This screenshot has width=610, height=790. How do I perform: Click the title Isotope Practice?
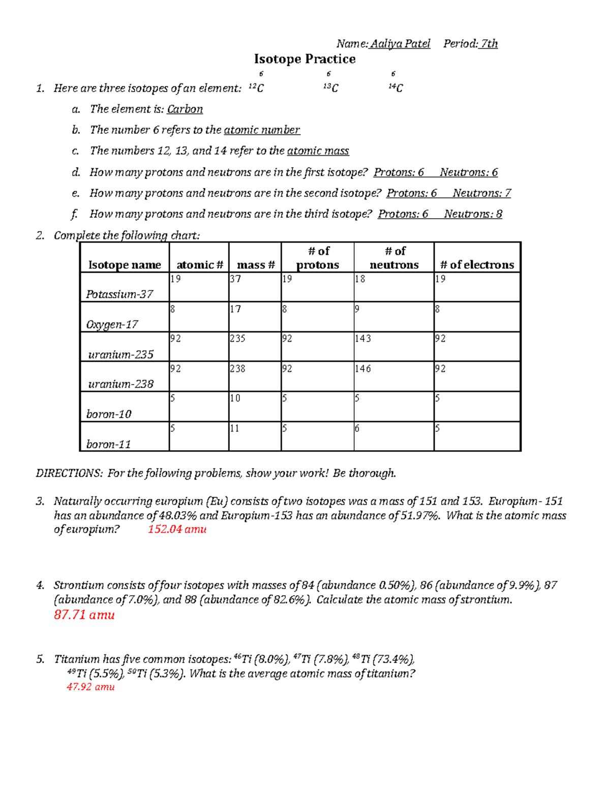pyautogui.click(x=304, y=59)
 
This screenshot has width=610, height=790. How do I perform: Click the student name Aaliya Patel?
pyautogui.click(x=400, y=44)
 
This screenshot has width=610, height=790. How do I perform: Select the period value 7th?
pyautogui.click(x=489, y=44)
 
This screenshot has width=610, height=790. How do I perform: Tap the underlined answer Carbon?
pyautogui.click(x=185, y=109)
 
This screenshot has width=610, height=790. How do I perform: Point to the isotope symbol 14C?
pyautogui.click(x=395, y=88)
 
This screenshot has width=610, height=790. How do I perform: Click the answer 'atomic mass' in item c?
pyautogui.click(x=318, y=151)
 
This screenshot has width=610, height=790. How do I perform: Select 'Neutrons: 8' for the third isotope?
pyautogui.click(x=473, y=214)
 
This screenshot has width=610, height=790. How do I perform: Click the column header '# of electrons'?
pyautogui.click(x=477, y=265)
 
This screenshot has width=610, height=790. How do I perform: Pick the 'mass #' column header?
pyautogui.click(x=256, y=265)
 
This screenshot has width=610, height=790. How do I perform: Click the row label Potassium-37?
pyautogui.click(x=119, y=294)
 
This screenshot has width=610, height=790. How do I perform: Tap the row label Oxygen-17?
pyautogui.click(x=112, y=324)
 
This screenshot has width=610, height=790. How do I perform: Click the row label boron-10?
pyautogui.click(x=109, y=414)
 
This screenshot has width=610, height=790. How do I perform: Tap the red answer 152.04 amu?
pyautogui.click(x=177, y=529)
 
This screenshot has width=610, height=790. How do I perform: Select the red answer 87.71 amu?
pyautogui.click(x=84, y=615)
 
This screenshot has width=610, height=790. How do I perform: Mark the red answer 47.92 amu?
pyautogui.click(x=90, y=687)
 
